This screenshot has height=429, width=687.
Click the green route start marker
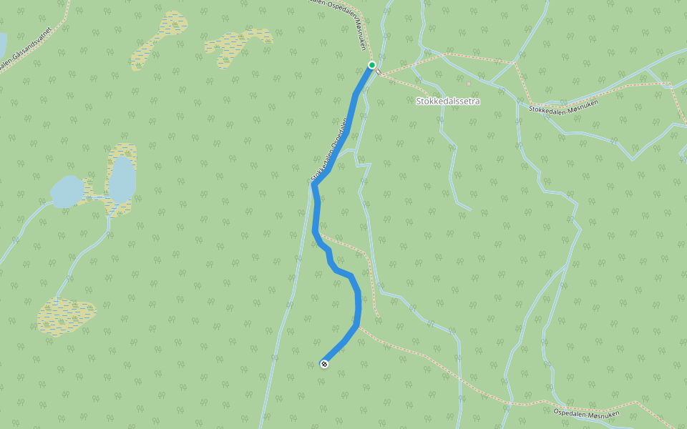pyautogui.click(x=372, y=65)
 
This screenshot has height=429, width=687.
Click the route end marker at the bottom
pyautogui.click(x=324, y=365)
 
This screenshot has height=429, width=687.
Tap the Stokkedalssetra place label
pyautogui.click(x=448, y=102)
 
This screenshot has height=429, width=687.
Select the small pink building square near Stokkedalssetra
pyautogui.click(x=468, y=84)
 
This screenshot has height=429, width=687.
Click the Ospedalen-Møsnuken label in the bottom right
pyautogui.click(x=586, y=413)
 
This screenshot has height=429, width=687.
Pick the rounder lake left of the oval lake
pyautogui.click(x=67, y=192)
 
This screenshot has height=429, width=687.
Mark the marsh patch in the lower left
pyautogui.click(x=66, y=315)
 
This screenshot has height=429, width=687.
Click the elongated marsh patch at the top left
pyautogui.click(x=159, y=40)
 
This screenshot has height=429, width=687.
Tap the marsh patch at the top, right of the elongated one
pyautogui.click(x=239, y=46)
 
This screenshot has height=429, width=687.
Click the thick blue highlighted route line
pyautogui.click(x=316, y=214)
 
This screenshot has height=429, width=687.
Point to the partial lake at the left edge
pyautogui.click(x=2, y=44)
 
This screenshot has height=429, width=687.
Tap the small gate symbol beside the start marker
pyautogui.click(x=379, y=72)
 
